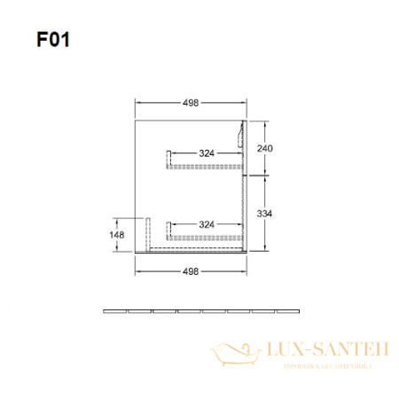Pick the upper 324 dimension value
click(x=206, y=153)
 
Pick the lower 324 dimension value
click(x=206, y=223)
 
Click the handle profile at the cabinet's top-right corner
click(x=241, y=136)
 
